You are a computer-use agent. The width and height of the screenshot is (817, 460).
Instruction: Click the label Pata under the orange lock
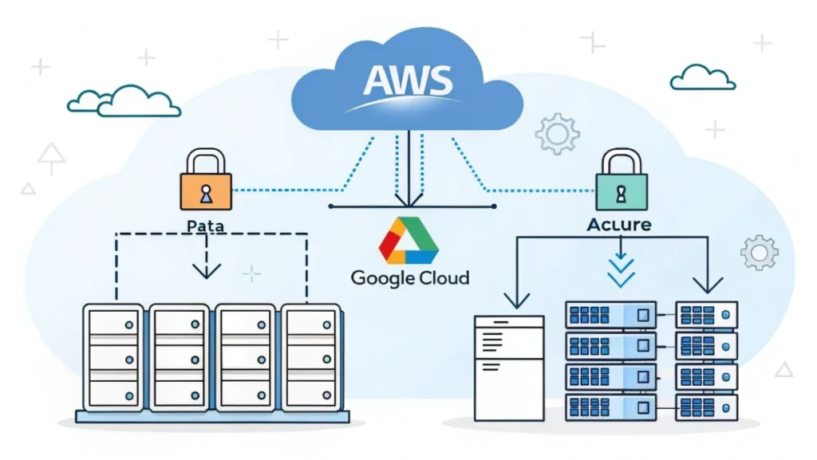coord(205,226)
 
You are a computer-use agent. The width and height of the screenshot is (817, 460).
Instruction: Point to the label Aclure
coord(619,225)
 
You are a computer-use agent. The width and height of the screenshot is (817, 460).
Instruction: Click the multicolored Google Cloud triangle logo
coord(409,239)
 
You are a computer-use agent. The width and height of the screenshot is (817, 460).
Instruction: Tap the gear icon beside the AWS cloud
coord(556,133)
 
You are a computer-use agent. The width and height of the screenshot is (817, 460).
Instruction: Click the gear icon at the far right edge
coord(759,252)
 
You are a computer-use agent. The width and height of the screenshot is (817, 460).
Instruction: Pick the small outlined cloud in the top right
coord(702,77)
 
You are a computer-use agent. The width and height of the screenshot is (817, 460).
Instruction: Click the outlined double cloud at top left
coord(124,100)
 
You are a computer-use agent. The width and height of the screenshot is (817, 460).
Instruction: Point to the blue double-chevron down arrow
coord(621,271)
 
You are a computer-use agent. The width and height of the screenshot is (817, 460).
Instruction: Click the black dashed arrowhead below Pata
coord(207,271)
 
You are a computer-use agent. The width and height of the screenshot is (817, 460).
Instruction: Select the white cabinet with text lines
coord(508,367)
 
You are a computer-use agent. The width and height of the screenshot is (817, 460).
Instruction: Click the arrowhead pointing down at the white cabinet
coord(517,301)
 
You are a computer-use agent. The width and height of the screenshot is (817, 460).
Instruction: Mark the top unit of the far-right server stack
coord(706,315)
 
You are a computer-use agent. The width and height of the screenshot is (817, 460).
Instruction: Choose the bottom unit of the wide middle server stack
coord(610,406)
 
